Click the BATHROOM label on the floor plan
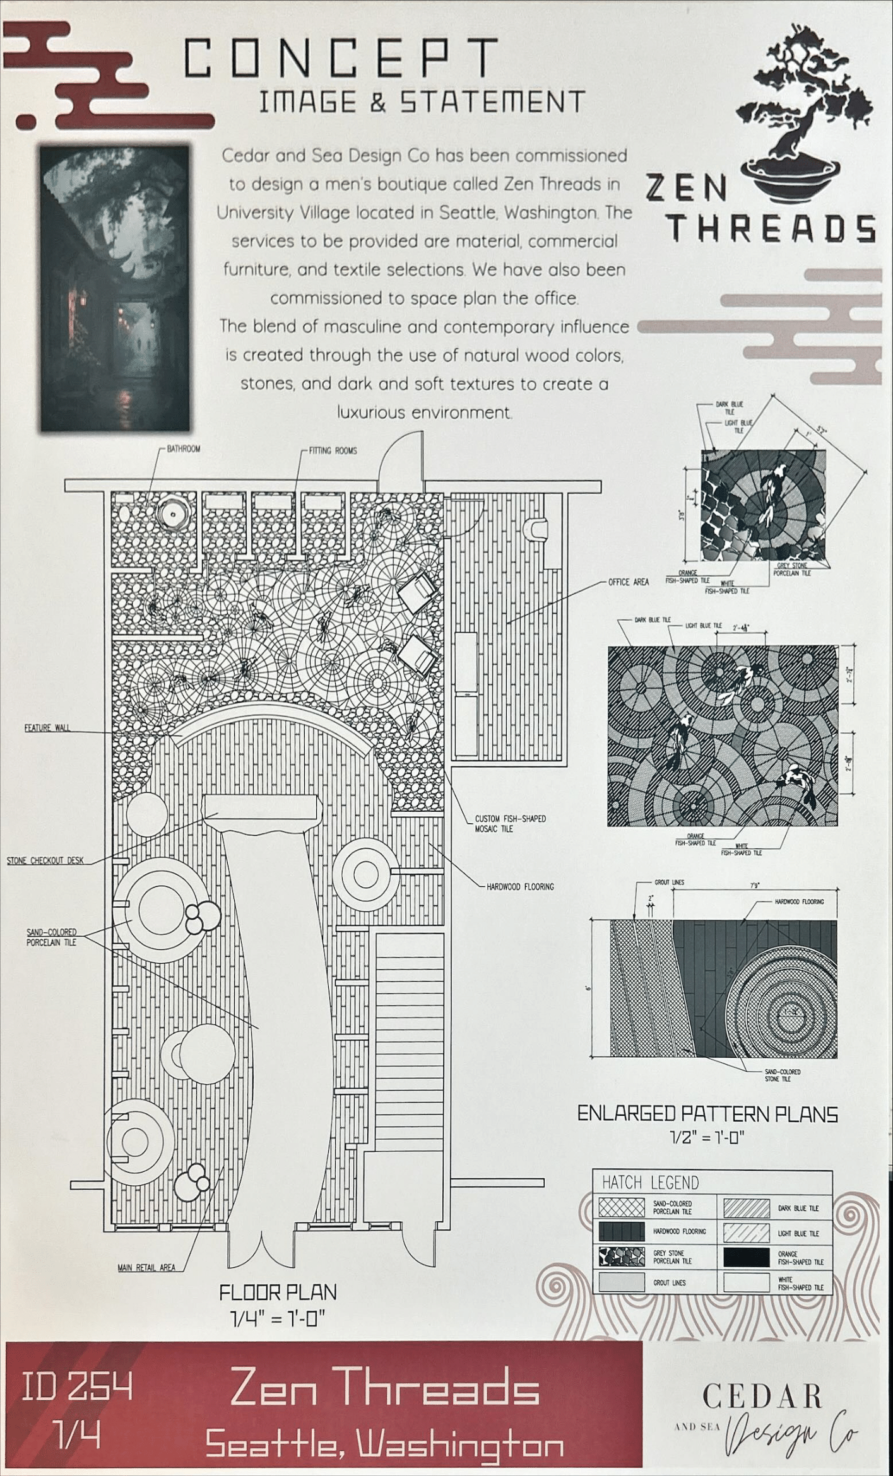coord(183,449)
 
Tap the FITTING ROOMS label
coord(333,450)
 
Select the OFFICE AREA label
coord(628,582)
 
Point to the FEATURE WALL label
coord(47,728)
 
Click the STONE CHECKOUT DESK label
coord(45,860)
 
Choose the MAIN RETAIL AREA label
coord(146,1268)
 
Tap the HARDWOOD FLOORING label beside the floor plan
coord(520,886)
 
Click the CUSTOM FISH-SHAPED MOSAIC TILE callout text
coord(510,824)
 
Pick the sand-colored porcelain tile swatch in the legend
coord(622,1207)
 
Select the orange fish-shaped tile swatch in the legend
coord(747,1257)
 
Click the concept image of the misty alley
coord(115,287)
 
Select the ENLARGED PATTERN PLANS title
coord(707,1114)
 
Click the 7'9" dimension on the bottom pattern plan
coord(754,885)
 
